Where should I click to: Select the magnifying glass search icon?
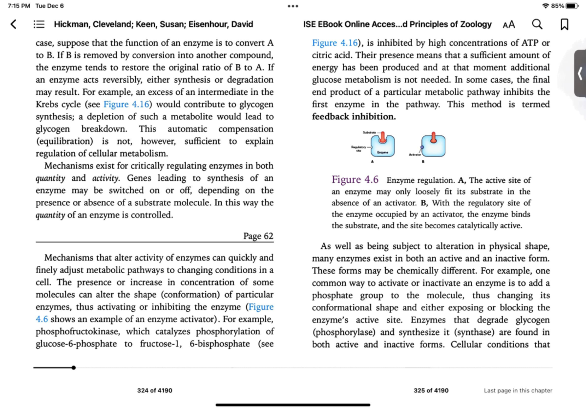[x=537, y=24]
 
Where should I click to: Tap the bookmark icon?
[x=564, y=24]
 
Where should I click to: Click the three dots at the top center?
[x=293, y=6]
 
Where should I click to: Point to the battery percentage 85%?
[x=557, y=6]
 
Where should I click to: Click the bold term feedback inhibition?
[x=354, y=117]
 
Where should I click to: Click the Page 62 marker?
[x=258, y=236]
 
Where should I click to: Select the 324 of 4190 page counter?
[x=154, y=390]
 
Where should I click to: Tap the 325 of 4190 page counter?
[x=431, y=390]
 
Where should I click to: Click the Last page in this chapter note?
[x=518, y=390]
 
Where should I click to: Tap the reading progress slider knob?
[x=73, y=367]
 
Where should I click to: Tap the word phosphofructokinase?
[x=79, y=332]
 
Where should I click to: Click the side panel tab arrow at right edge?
[x=580, y=74]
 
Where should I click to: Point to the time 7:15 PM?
[x=19, y=6]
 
